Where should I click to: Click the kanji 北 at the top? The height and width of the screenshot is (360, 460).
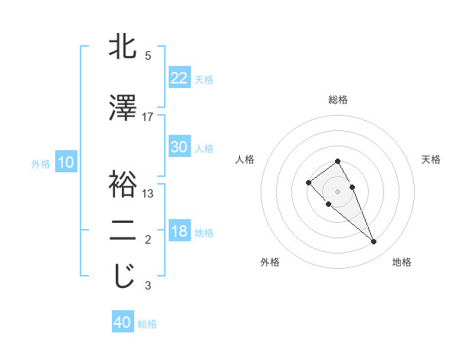pyautogui.click(x=123, y=47)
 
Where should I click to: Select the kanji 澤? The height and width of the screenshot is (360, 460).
pyautogui.click(x=123, y=108)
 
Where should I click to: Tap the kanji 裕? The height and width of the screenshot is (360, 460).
pyautogui.click(x=123, y=185)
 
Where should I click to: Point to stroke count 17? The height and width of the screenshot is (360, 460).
pyautogui.click(x=148, y=117)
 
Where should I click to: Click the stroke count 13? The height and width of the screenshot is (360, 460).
pyautogui.click(x=148, y=194)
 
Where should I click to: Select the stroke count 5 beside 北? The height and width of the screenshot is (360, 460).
pyautogui.click(x=148, y=56)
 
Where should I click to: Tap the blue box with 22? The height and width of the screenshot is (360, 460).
pyautogui.click(x=179, y=77)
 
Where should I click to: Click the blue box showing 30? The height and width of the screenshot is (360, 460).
pyautogui.click(x=179, y=147)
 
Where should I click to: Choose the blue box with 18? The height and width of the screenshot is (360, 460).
pyautogui.click(x=179, y=231)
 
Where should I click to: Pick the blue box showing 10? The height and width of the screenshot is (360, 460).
pyautogui.click(x=65, y=162)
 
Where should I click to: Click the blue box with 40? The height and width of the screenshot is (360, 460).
pyautogui.click(x=123, y=322)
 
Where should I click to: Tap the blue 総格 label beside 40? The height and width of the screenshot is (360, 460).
pyautogui.click(x=147, y=324)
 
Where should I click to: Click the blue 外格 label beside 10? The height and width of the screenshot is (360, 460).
pyautogui.click(x=40, y=163)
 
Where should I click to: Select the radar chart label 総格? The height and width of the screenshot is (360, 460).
pyautogui.click(x=337, y=100)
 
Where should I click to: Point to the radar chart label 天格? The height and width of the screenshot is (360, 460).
pyautogui.click(x=432, y=159)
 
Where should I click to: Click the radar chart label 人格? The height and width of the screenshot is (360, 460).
pyautogui.click(x=245, y=159)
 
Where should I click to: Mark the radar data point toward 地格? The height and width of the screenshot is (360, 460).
pyautogui.click(x=374, y=242)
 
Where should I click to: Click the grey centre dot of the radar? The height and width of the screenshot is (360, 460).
pyautogui.click(x=337, y=191)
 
